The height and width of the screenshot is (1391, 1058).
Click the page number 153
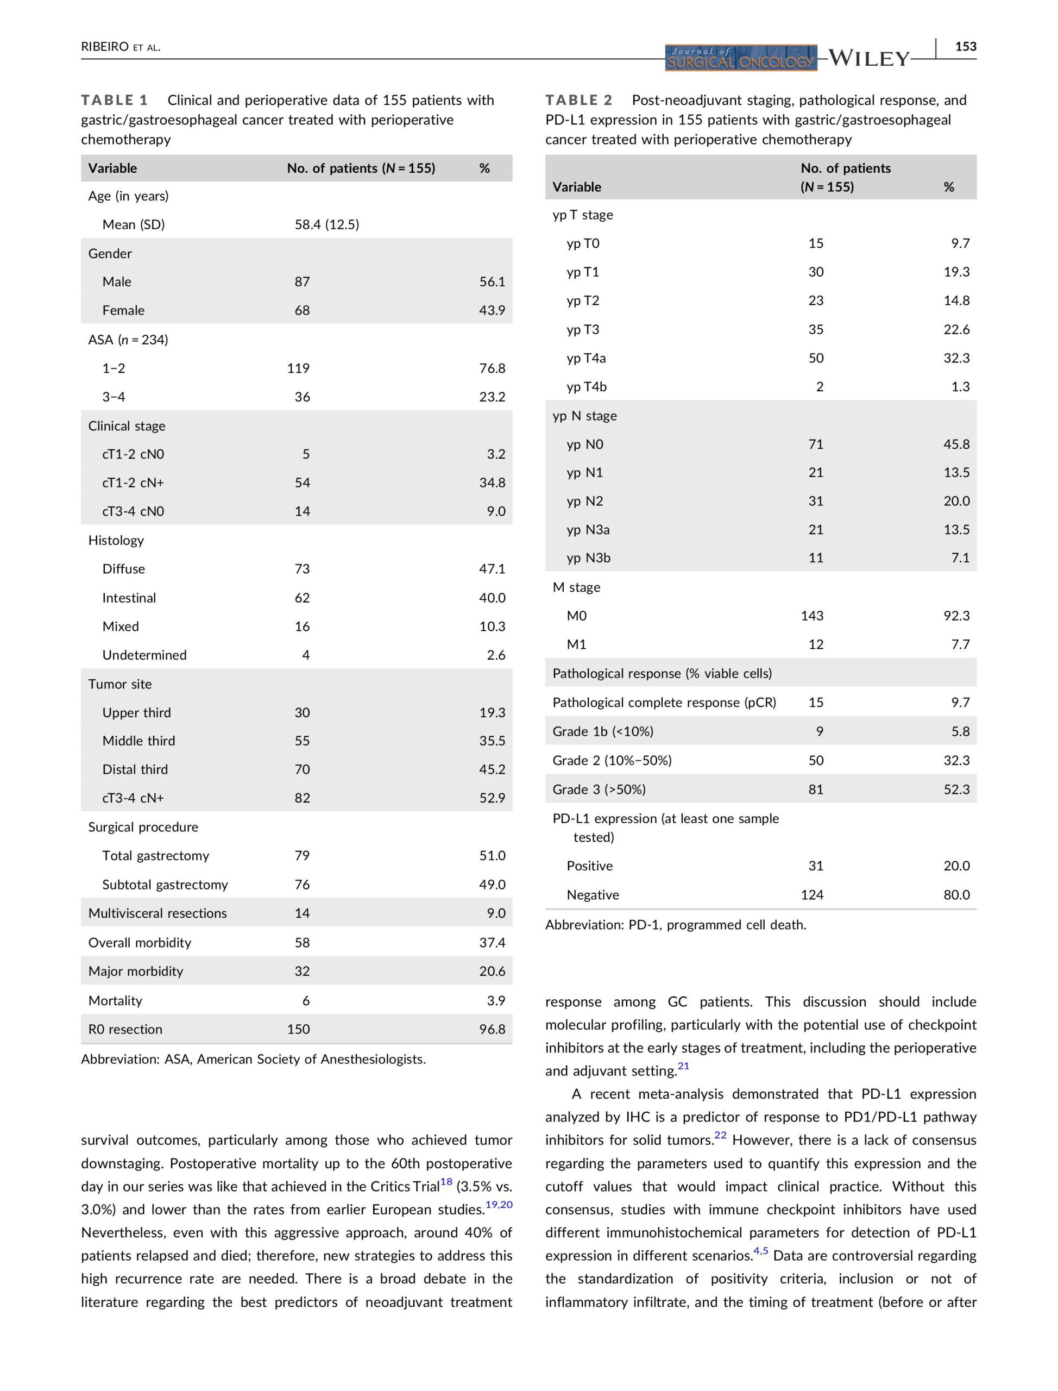point(966,46)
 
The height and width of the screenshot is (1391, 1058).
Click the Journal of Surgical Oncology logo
point(741,58)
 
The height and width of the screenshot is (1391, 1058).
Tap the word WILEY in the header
point(868,59)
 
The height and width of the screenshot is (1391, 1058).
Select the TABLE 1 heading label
point(114,100)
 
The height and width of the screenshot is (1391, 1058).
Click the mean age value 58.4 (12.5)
point(327,224)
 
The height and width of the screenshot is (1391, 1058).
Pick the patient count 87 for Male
point(303,281)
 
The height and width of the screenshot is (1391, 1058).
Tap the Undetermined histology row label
point(144,655)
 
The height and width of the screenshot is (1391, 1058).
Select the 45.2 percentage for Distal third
point(492,769)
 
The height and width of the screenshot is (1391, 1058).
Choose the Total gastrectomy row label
point(155,855)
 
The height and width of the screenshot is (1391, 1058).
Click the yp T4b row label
point(587,386)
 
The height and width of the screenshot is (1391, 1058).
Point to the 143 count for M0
point(812,616)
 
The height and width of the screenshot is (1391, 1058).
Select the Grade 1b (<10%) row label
point(603,731)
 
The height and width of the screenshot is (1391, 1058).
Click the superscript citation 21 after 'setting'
point(683,1066)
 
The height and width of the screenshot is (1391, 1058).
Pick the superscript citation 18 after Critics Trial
point(446,1181)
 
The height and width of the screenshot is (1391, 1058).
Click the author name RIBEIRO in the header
point(104,47)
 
